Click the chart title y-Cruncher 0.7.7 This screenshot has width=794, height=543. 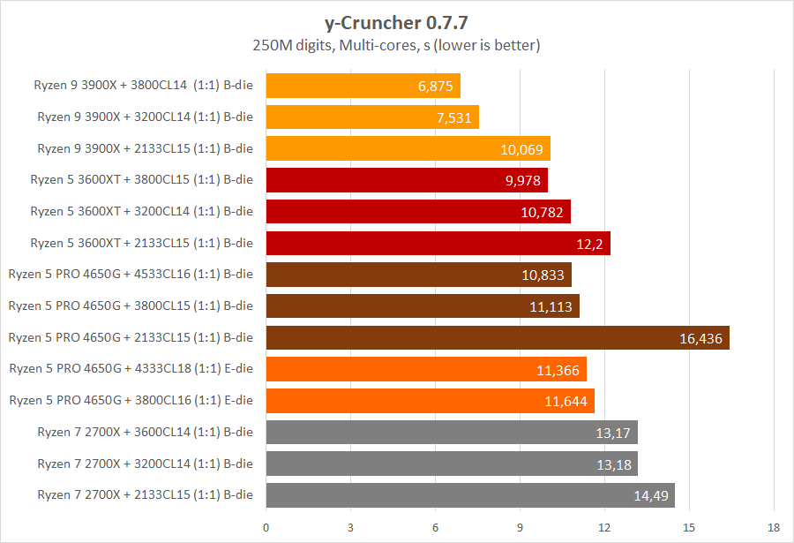point(396,19)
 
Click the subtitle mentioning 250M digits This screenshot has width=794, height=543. point(396,43)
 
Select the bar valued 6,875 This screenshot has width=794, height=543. point(363,86)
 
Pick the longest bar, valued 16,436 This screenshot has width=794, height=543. point(498,338)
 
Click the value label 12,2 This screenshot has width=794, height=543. point(590,244)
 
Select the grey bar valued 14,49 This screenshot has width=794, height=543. point(470,495)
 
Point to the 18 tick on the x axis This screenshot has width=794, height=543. point(774,528)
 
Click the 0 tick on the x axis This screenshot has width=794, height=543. point(266,528)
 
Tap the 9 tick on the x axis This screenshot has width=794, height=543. point(520,528)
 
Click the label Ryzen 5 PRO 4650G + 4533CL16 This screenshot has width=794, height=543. point(131,274)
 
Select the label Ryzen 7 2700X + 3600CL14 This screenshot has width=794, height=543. point(145,432)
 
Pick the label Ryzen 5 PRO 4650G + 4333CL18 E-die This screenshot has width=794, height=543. point(131,368)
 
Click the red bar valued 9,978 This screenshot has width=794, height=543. point(407,180)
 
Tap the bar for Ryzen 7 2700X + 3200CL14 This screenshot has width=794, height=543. point(452,464)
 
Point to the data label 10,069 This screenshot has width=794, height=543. point(522,149)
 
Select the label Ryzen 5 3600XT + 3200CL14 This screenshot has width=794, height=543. point(141,211)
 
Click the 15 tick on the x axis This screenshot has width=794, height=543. point(689,528)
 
